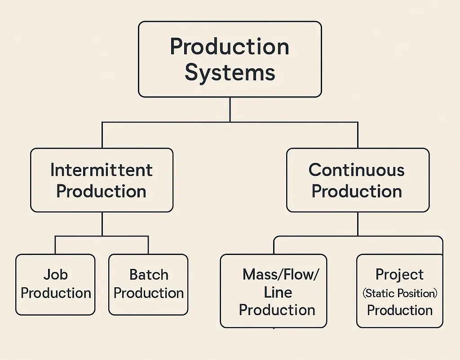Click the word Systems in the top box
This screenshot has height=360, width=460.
(x=230, y=72)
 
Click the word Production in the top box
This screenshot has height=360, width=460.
(x=230, y=46)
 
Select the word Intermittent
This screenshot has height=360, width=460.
(x=102, y=170)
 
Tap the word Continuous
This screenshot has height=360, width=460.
(x=357, y=170)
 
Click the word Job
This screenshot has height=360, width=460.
(x=55, y=274)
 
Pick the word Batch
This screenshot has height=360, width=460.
(x=149, y=274)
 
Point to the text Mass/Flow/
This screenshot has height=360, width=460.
(x=280, y=274)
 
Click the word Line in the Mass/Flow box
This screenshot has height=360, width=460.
(x=278, y=292)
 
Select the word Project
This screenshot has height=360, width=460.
(x=399, y=274)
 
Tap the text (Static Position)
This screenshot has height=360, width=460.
(x=399, y=293)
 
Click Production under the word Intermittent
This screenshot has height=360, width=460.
(x=102, y=191)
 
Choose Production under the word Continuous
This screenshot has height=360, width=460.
(x=357, y=191)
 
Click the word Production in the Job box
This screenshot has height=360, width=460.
(x=56, y=293)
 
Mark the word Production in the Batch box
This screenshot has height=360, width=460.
(x=149, y=293)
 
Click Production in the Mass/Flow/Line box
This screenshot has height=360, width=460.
(x=277, y=310)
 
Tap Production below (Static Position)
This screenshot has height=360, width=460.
(x=399, y=310)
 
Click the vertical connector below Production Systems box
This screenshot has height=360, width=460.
(x=230, y=109)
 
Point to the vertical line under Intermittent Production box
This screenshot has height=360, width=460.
(x=102, y=224)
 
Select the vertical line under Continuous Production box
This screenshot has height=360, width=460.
(x=358, y=224)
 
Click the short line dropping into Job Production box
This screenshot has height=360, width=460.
(x=55, y=245)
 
